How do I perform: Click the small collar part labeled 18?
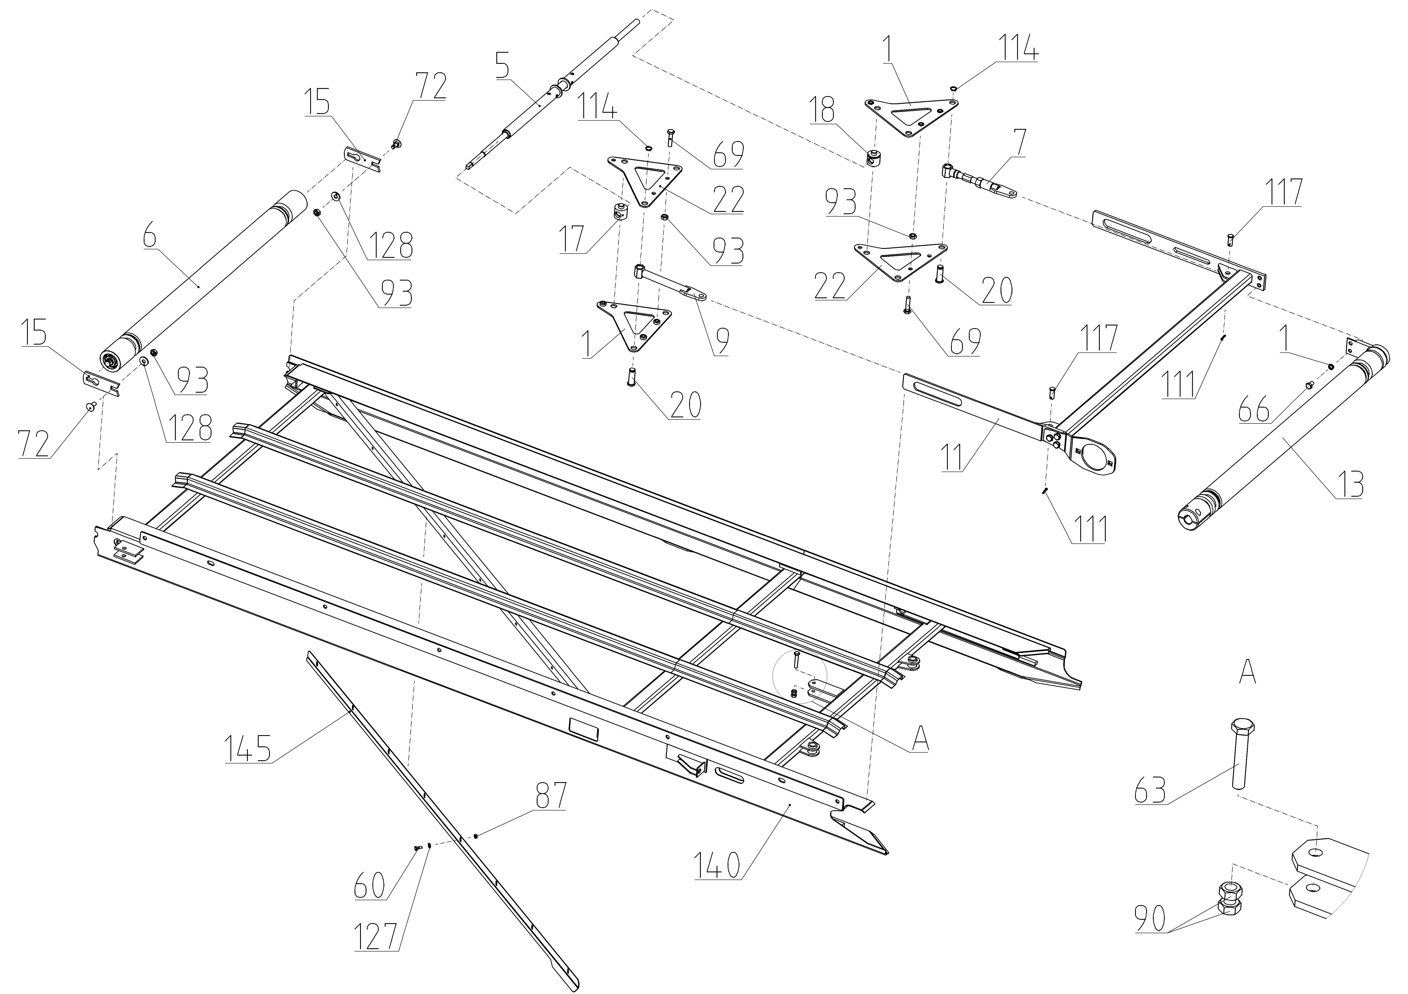coord(873,158)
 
